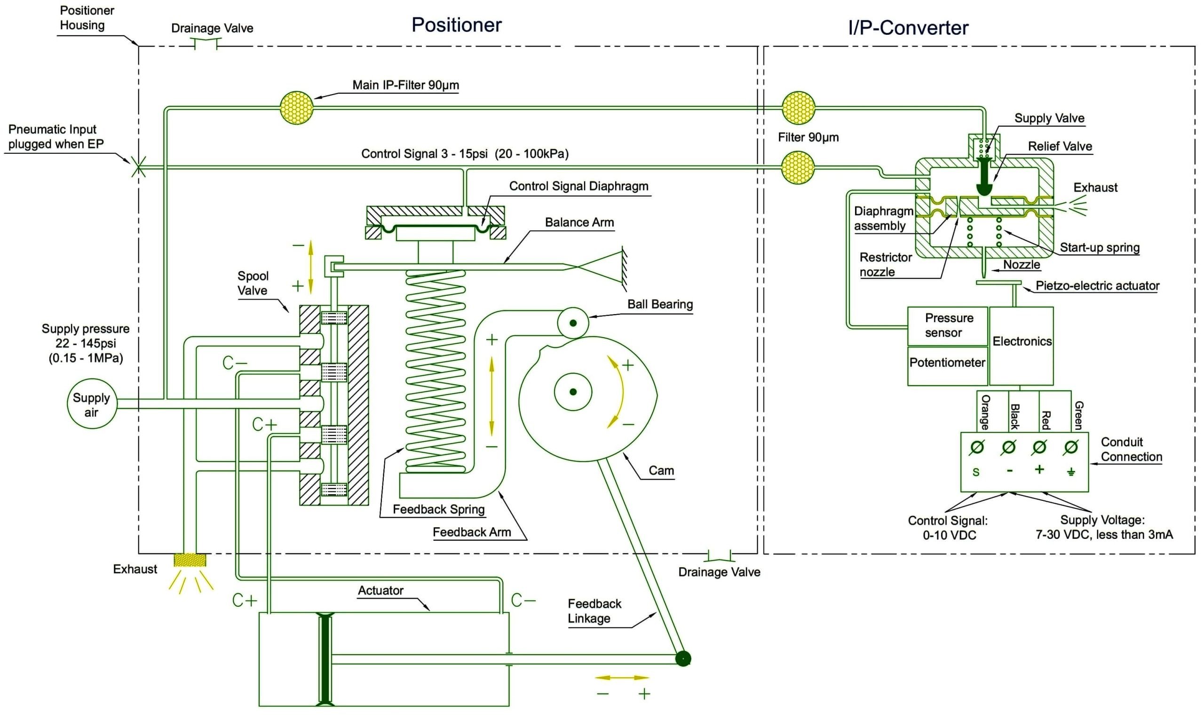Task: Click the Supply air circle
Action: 92,404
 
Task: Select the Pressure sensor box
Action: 947,325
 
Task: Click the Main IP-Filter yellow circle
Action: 296,108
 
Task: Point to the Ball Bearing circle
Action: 573,323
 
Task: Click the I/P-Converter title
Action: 908,28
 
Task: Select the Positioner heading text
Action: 456,25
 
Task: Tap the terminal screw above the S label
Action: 977,447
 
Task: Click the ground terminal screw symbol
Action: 1071,447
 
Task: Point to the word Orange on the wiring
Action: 985,412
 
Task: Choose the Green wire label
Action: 1078,415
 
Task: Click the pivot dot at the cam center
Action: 573,392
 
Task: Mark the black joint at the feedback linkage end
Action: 683,658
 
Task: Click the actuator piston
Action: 325,659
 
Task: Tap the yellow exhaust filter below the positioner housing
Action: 190,561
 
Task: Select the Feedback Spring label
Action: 438,509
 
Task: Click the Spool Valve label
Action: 253,283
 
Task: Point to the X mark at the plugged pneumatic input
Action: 138,167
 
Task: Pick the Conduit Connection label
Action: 1131,449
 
